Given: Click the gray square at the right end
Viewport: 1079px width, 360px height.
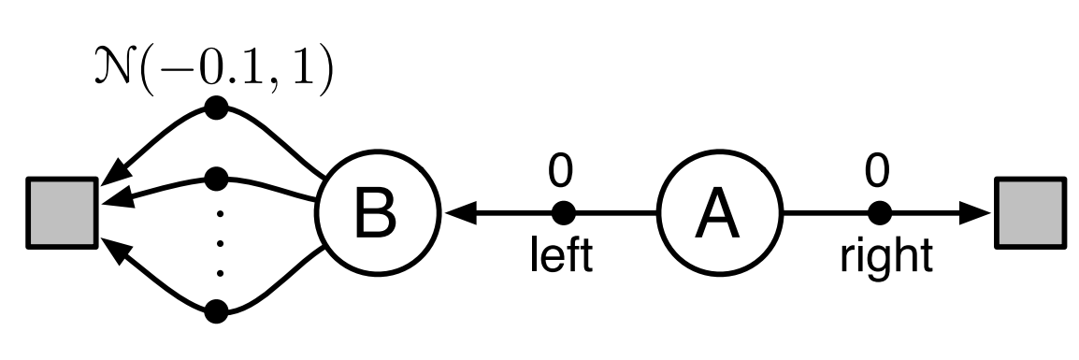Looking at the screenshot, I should pyautogui.click(x=1029, y=214).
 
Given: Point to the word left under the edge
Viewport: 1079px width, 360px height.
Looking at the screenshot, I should pyautogui.click(x=562, y=254).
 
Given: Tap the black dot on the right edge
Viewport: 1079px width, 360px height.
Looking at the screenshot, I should pyautogui.click(x=878, y=214).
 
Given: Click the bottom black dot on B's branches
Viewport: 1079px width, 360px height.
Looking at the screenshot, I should pyautogui.click(x=217, y=311).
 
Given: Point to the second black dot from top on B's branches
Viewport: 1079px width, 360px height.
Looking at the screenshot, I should pyautogui.click(x=217, y=176).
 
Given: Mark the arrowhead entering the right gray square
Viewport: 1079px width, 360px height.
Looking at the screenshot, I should pyautogui.click(x=977, y=214).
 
